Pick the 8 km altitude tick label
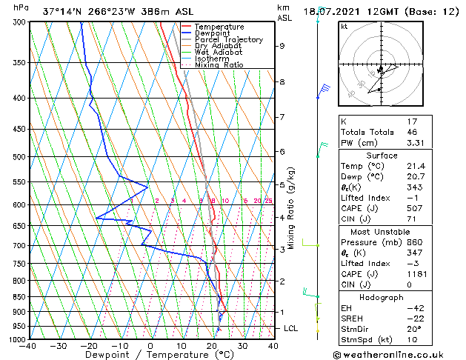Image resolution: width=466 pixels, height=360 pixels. (282, 81)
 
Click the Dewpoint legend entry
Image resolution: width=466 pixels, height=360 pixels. (212, 33)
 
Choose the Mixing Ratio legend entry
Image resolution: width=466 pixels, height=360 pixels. (219, 65)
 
